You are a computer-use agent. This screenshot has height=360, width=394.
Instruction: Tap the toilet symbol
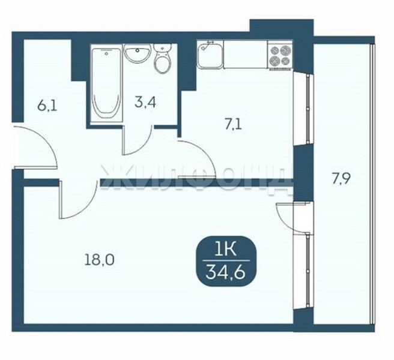(162, 58)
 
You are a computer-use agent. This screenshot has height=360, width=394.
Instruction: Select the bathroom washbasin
(138, 53)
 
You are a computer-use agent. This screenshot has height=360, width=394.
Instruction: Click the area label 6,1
(47, 106)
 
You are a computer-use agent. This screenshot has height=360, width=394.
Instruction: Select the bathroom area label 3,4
(145, 103)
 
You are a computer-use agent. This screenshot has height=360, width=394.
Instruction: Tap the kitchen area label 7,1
(233, 124)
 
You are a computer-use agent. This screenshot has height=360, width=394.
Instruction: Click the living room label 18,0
(100, 260)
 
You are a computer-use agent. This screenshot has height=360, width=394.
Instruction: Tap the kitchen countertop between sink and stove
(246, 55)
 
